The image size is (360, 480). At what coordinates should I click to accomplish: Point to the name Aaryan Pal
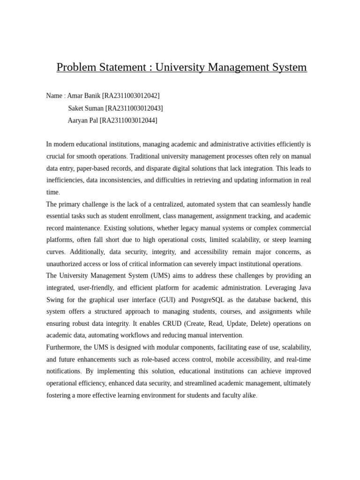[82, 120]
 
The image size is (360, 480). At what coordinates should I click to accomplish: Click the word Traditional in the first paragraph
[146, 156]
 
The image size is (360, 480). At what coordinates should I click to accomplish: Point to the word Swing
[55, 300]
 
